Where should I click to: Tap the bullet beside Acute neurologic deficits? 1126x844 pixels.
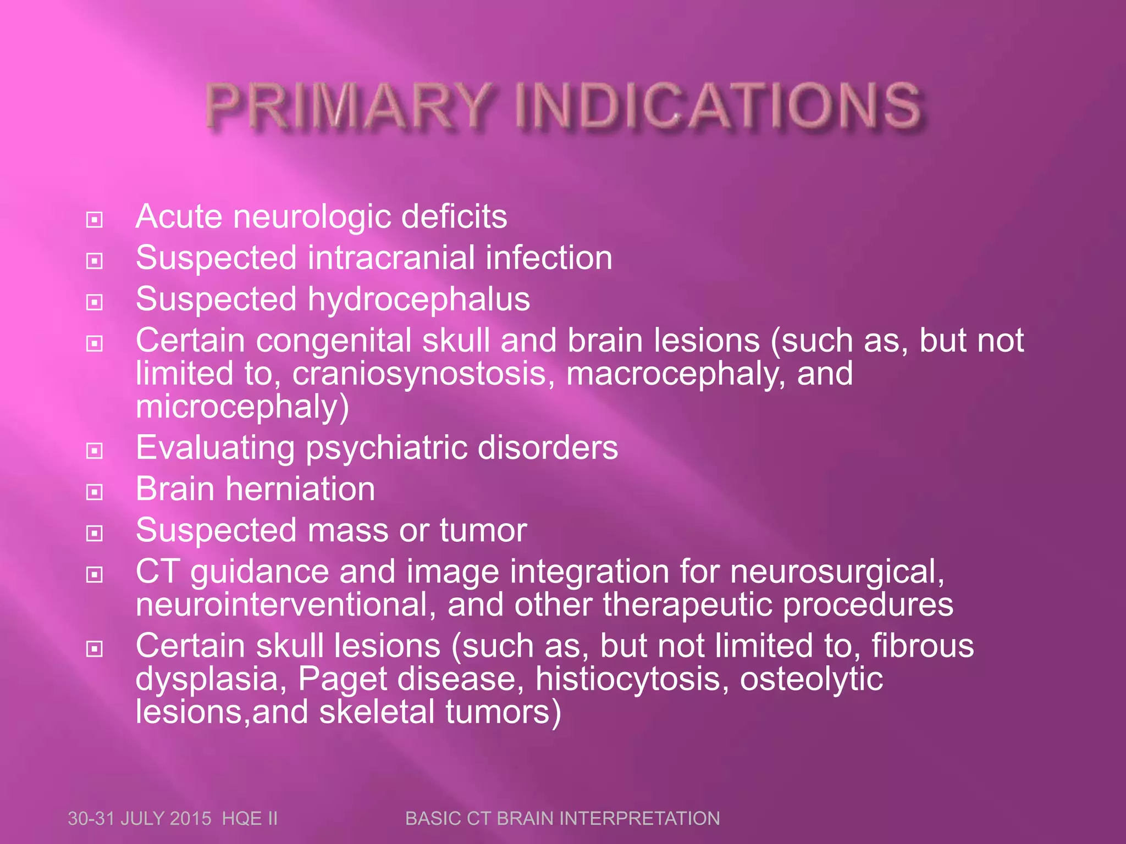pos(95,220)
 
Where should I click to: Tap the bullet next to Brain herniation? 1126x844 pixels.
pos(95,492)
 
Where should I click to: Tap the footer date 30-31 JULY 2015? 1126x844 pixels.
pos(140,819)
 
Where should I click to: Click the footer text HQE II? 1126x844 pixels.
pos(250,819)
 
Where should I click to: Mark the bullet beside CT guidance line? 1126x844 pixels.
pos(95,575)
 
